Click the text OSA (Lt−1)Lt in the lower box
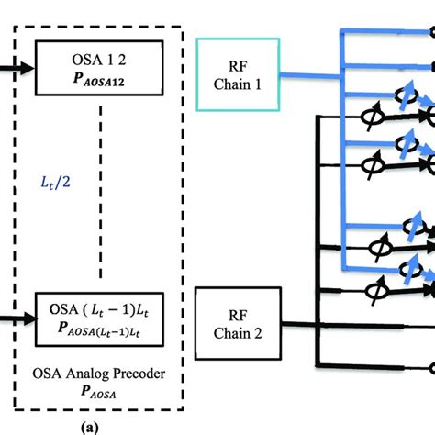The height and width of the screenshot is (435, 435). point(99,307)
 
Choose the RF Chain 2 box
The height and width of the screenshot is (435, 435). point(239,324)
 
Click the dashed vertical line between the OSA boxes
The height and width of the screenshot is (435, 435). point(98,184)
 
